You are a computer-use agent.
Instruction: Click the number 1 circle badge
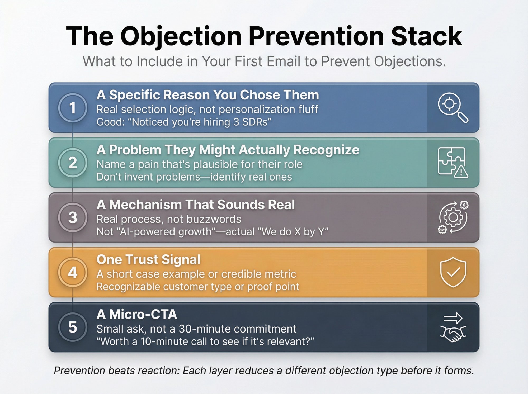(73, 108)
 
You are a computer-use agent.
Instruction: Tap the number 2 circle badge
(73, 163)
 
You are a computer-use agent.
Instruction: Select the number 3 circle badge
(73, 217)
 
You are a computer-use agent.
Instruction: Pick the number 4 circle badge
(73, 272)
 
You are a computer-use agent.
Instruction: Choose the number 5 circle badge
(73, 327)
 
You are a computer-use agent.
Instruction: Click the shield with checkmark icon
(453, 272)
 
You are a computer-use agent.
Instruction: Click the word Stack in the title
(426, 36)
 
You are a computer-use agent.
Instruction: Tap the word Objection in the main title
(181, 36)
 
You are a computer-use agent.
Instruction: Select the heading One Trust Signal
(148, 259)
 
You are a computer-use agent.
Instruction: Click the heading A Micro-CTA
(136, 314)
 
